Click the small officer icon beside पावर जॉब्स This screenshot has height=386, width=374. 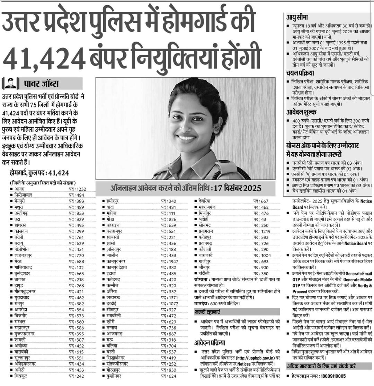[10, 84]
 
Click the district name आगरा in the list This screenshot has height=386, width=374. [20, 189]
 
